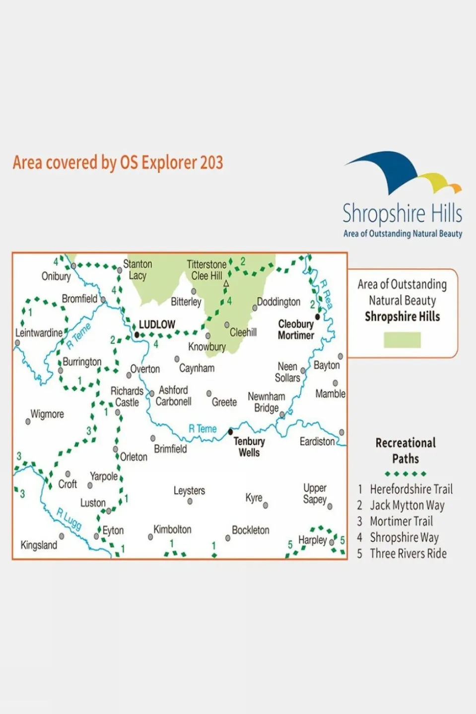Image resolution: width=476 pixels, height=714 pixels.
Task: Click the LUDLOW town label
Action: coord(157,325)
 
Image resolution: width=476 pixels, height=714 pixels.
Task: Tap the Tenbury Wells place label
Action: coord(249,447)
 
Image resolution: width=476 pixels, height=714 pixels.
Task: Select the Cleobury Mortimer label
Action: coord(296,329)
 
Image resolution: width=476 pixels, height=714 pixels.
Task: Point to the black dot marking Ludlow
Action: coord(137,335)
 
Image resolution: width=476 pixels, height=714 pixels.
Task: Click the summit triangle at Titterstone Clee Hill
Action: coord(226,284)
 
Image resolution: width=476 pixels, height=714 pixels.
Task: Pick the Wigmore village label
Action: coord(47,414)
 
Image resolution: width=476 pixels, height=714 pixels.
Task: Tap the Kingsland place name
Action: coord(39,545)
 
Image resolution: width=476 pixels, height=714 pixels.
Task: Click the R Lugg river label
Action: coord(69,519)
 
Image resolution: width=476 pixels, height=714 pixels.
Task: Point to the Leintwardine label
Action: coord(39,332)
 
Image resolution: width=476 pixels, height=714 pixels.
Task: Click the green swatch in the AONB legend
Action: coord(402,340)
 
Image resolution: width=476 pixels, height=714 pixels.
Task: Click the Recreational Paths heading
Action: coord(406,451)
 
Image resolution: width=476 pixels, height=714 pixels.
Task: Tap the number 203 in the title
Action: coord(211,163)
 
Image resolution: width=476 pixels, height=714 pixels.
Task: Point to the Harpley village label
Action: coord(313,539)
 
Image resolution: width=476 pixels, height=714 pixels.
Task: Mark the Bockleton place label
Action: coord(251,530)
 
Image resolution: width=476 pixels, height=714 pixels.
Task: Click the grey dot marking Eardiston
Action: coord(341,432)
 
